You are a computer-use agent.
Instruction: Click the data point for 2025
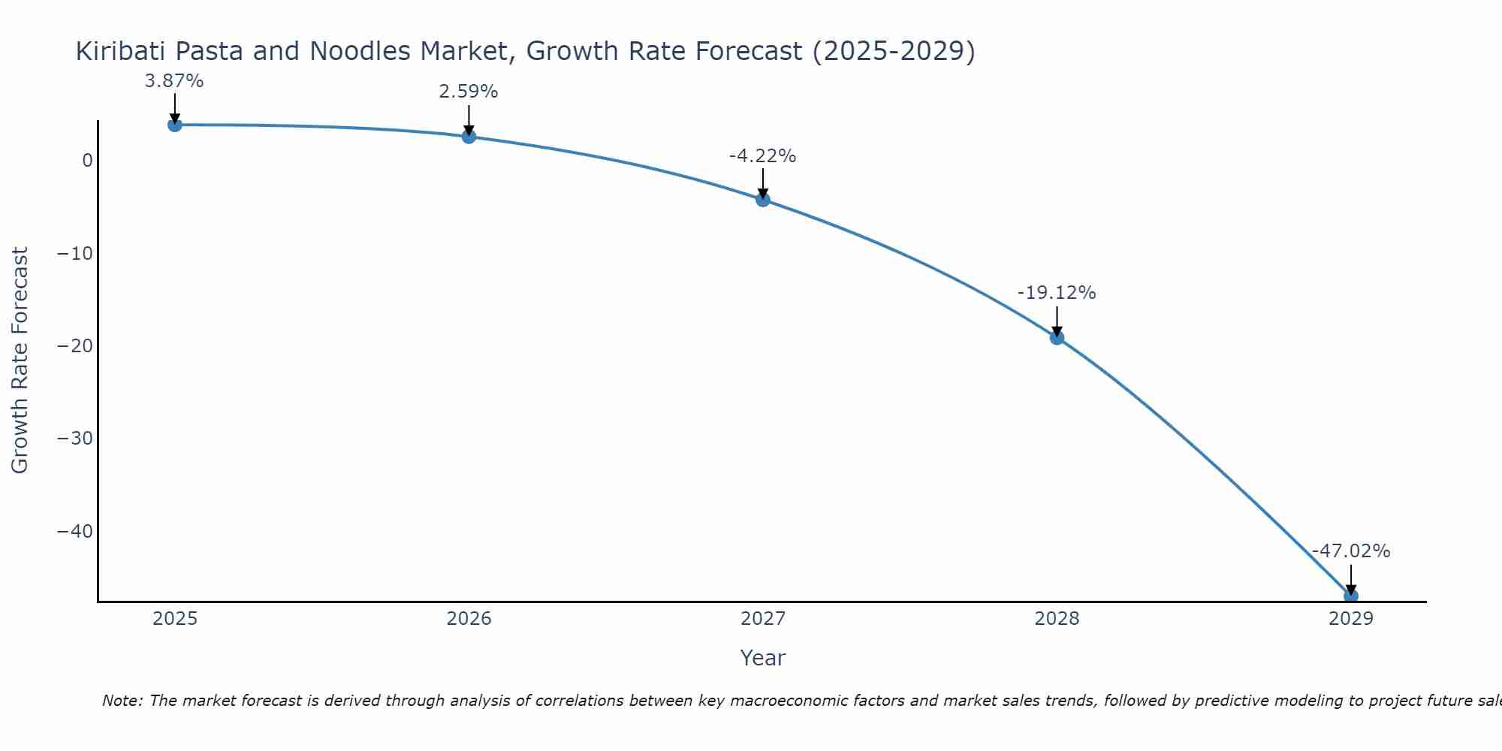coord(175,125)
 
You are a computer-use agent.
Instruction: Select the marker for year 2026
coord(469,137)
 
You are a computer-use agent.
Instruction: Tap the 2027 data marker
coord(763,200)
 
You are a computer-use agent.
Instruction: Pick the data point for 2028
coord(1057,338)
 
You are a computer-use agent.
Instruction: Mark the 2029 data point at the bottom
coord(1350,596)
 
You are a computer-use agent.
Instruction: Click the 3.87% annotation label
coord(174,81)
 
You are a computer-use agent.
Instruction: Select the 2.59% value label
coord(469,92)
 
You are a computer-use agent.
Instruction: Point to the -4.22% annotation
coord(762,156)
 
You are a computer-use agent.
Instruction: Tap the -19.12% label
coord(1057,293)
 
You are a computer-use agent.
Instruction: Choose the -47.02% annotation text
coord(1350,551)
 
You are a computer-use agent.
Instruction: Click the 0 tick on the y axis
coord(88,161)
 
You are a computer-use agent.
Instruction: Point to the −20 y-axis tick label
coord(75,346)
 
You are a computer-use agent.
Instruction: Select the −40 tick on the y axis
coord(75,532)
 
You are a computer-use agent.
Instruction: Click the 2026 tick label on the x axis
coord(469,619)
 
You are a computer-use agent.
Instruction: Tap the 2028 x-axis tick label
coord(1057,619)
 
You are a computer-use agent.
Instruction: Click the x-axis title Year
coord(762,658)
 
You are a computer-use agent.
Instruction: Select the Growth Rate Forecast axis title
coord(20,360)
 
